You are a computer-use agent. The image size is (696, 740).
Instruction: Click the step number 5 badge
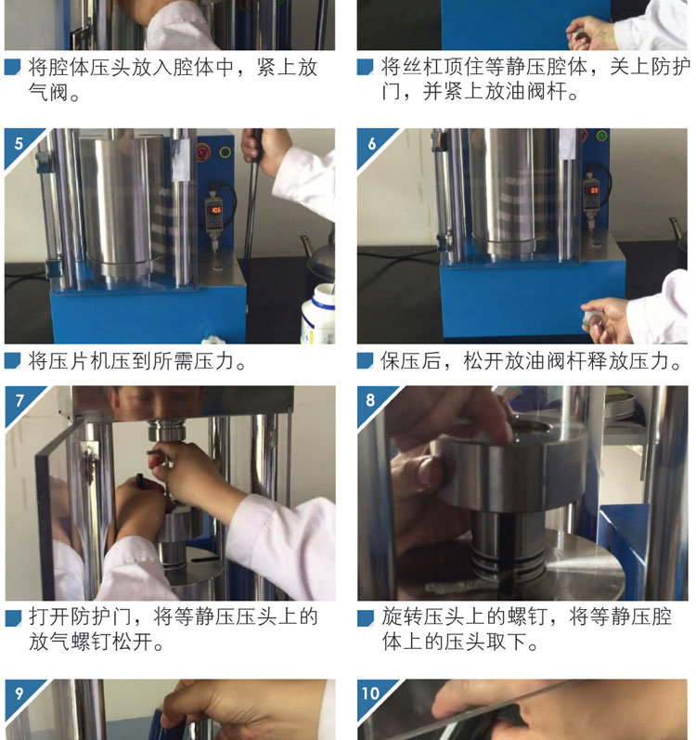click(19, 143)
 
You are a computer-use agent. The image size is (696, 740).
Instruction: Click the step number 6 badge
click(371, 143)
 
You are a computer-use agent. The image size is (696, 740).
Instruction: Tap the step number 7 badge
click(19, 401)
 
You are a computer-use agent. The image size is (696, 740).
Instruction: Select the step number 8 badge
click(371, 401)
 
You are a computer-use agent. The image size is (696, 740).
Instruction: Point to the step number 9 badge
click(19, 694)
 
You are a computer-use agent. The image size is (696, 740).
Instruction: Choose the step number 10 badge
click(371, 694)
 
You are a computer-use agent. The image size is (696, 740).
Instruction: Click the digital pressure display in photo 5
click(214, 211)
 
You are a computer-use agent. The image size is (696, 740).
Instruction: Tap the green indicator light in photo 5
click(226, 152)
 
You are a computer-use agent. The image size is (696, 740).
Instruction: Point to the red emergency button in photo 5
click(203, 152)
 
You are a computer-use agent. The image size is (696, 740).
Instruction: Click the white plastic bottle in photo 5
click(318, 314)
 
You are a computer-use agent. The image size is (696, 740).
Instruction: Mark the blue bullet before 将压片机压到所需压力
click(12, 360)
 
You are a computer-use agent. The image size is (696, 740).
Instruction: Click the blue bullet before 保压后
click(365, 360)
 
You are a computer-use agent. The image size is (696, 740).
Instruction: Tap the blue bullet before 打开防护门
click(13, 617)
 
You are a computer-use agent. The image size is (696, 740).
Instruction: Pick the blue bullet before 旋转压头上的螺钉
click(366, 617)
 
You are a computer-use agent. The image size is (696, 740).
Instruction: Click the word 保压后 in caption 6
click(411, 361)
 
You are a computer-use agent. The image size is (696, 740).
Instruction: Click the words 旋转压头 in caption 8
click(422, 617)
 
